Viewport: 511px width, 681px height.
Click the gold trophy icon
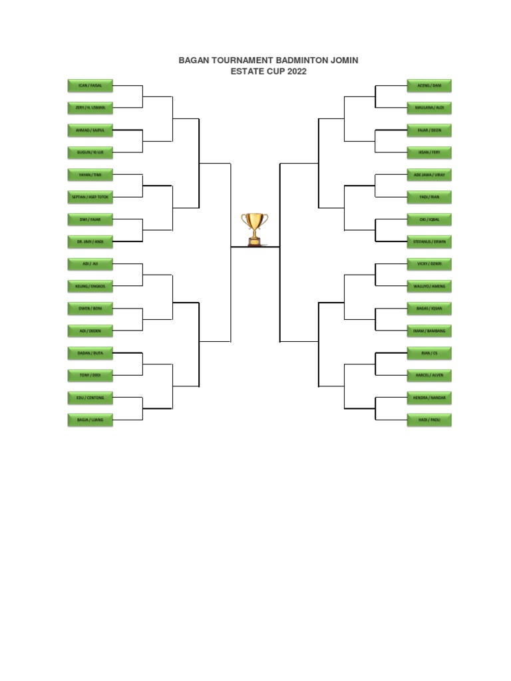(255, 228)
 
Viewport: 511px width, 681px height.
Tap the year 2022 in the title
(295, 72)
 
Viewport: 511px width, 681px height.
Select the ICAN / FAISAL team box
(90, 85)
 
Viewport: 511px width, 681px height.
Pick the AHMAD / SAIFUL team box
(90, 130)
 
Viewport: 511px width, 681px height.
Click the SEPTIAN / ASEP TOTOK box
(90, 197)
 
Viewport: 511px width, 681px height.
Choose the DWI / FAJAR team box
(90, 219)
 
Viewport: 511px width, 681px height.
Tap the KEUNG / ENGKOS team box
(90, 286)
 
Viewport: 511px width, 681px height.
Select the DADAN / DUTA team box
(90, 352)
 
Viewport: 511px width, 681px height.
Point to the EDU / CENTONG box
(90, 397)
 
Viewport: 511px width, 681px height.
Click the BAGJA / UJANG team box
(90, 420)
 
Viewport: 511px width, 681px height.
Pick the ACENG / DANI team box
(429, 85)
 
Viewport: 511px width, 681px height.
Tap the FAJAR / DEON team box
(429, 130)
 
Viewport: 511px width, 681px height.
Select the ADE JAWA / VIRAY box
(429, 174)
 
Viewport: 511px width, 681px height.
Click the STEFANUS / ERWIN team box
(429, 241)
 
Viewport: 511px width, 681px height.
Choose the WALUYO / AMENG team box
(429, 286)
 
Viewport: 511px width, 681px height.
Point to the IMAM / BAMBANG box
(429, 331)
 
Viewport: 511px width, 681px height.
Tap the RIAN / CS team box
(429, 352)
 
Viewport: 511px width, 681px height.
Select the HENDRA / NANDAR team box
(429, 397)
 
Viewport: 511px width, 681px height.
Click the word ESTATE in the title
(248, 72)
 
